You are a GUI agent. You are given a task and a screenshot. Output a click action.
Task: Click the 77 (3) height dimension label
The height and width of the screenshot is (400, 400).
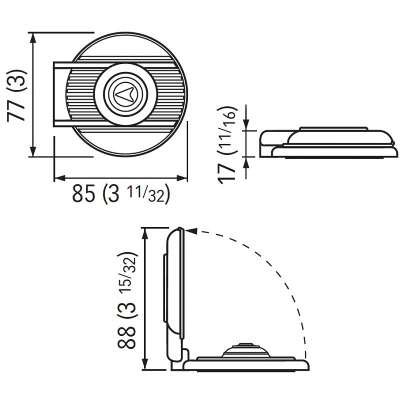16,95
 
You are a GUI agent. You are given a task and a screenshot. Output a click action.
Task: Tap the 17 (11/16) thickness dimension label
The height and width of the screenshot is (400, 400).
227,144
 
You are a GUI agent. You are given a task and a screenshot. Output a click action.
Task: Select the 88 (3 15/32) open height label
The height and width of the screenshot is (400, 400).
127,300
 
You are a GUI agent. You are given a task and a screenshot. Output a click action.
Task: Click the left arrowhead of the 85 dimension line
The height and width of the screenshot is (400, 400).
60,178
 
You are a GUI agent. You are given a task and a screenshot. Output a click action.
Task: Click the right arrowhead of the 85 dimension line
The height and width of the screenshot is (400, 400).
182,178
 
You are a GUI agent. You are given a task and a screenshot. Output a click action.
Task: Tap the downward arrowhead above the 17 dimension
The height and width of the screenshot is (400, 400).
246,125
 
